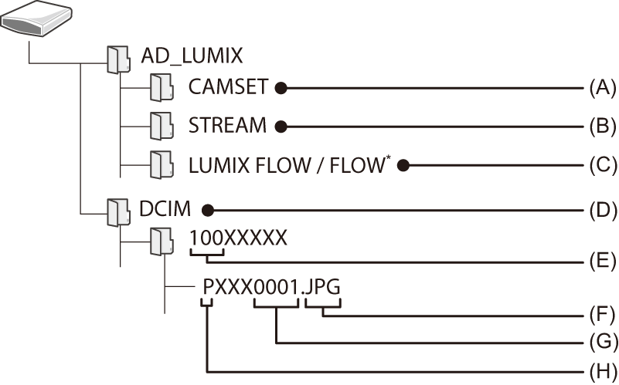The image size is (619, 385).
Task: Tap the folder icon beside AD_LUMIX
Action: coord(117,58)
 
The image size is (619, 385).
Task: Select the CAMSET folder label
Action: coord(228,88)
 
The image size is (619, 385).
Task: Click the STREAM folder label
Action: coord(227,126)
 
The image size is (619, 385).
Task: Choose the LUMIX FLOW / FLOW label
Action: coord(286,164)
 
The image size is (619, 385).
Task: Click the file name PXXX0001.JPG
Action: coord(271,287)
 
